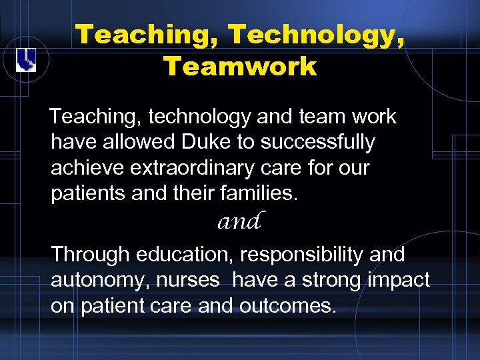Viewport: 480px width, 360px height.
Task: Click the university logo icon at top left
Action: tap(26, 61)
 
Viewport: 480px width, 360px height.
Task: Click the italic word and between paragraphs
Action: tap(239, 221)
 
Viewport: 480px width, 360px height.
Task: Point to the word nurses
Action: tap(188, 281)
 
